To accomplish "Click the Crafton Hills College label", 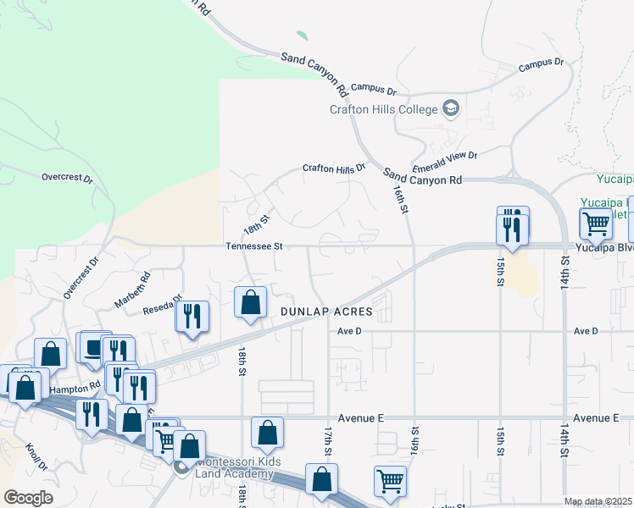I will coord(384,109).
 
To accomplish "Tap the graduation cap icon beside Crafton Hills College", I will coord(450,108).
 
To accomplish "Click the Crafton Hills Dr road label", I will coord(334,168).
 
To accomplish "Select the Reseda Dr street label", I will coord(166,303).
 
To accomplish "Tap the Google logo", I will coord(28,497).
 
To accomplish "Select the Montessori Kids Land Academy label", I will coord(234,467).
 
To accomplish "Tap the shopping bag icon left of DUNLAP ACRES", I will coord(250,302).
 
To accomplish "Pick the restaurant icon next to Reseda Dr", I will coord(191,316).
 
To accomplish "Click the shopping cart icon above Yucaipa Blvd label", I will coord(596,224).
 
